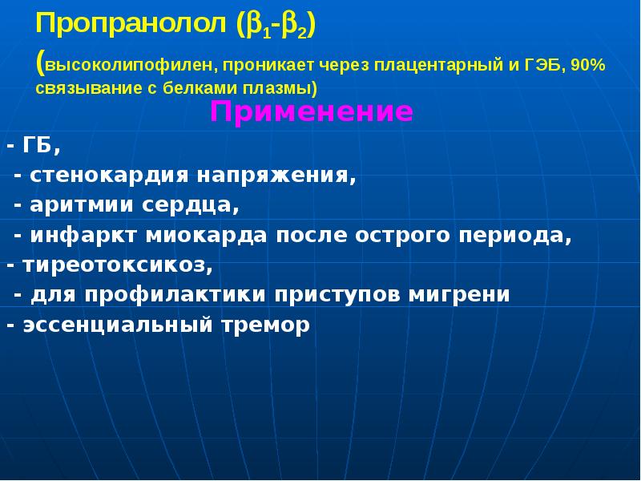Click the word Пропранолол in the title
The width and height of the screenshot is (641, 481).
click(x=131, y=25)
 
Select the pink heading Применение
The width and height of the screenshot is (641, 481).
click(x=311, y=112)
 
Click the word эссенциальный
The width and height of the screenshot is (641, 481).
click(x=118, y=325)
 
